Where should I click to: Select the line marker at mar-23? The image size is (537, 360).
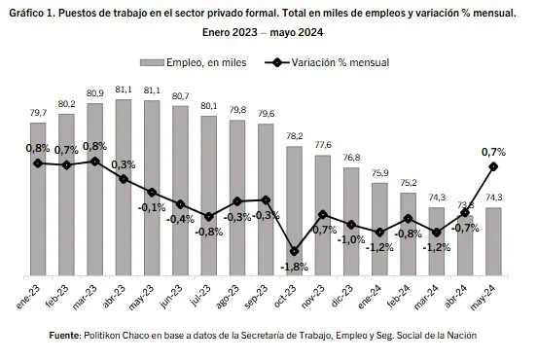point(95,162)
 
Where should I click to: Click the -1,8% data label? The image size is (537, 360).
point(294,266)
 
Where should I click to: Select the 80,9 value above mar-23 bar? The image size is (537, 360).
point(95,93)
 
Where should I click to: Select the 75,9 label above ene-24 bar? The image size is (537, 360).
point(380,173)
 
